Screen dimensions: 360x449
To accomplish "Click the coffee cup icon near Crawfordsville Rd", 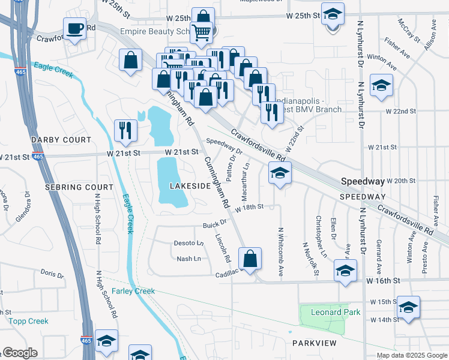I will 75,28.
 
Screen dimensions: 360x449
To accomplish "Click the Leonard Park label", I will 336,312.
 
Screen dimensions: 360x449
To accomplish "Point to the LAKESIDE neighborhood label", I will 190,187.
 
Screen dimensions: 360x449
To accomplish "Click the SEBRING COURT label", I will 79,187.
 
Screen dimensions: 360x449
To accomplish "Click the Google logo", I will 20,353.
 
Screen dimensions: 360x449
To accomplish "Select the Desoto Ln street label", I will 188,243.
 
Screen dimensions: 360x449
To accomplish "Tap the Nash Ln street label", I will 188,259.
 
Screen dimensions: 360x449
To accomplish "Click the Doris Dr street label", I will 52,274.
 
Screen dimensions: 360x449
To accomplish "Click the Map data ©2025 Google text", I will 411,355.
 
